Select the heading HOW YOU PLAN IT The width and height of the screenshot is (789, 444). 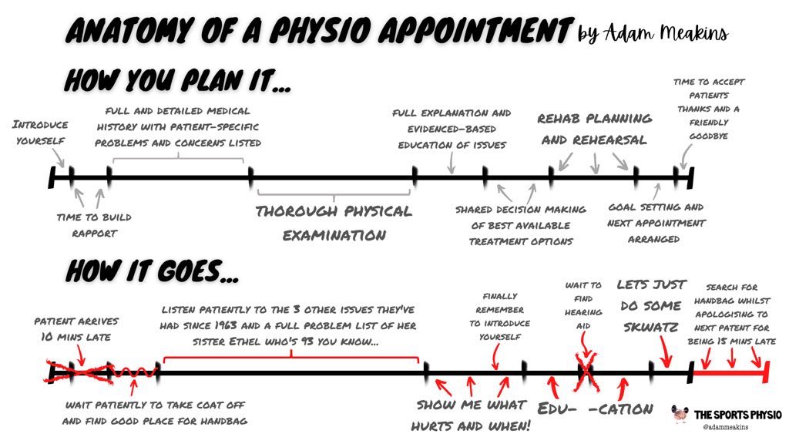[x=178, y=80]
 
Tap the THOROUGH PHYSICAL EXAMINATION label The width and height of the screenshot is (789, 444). [x=334, y=223]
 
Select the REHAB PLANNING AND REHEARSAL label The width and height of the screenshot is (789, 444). [x=594, y=129]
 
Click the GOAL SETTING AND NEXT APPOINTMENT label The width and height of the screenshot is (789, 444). [x=656, y=223]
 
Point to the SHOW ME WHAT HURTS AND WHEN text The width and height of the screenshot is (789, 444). [x=471, y=413]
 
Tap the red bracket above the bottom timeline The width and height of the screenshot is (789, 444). [x=290, y=357]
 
